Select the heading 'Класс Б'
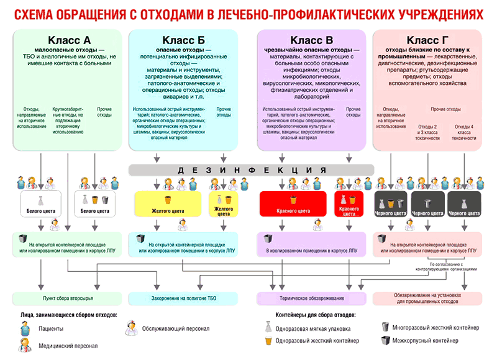184,40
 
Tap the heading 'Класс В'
312,40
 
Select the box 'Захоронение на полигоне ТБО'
184,299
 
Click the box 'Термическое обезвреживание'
312,299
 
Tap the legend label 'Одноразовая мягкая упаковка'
313,329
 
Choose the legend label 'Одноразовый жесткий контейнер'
317,341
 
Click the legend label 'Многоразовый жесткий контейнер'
436,327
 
